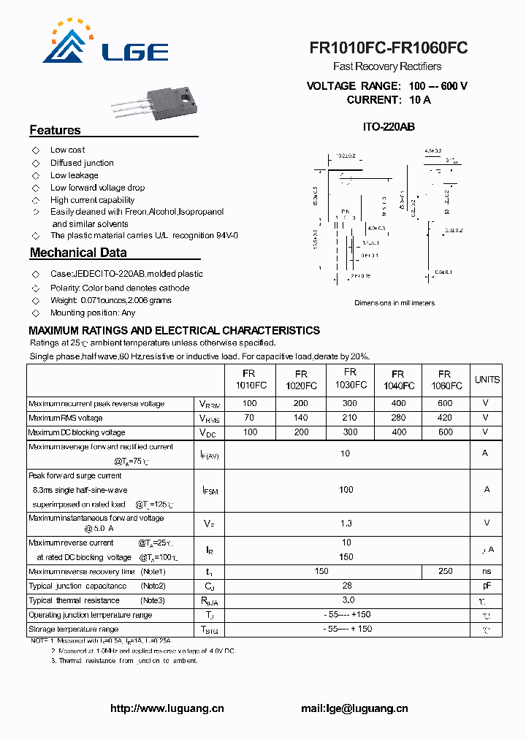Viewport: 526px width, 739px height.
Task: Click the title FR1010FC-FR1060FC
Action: (x=388, y=48)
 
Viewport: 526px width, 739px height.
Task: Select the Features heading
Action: (x=55, y=130)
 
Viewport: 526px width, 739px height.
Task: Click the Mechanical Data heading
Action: (x=78, y=253)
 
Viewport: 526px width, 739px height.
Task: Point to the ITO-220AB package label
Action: (x=389, y=126)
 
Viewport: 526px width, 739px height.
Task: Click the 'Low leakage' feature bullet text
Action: (x=74, y=175)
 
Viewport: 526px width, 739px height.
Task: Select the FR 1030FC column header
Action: (x=350, y=378)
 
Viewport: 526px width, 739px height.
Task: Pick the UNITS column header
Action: (x=487, y=380)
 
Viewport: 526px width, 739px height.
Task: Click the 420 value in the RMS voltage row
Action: (x=445, y=418)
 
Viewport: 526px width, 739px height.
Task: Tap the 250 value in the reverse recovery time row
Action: (x=445, y=571)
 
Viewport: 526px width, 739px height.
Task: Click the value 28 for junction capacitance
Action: (x=347, y=586)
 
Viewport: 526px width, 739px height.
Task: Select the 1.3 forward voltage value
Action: (x=346, y=523)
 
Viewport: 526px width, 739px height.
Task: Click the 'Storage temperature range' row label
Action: (x=73, y=629)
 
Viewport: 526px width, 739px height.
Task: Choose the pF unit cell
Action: (x=487, y=586)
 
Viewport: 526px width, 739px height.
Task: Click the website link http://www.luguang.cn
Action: (x=167, y=708)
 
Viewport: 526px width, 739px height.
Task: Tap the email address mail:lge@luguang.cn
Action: (x=354, y=708)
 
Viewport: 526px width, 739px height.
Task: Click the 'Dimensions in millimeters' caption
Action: (x=394, y=302)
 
